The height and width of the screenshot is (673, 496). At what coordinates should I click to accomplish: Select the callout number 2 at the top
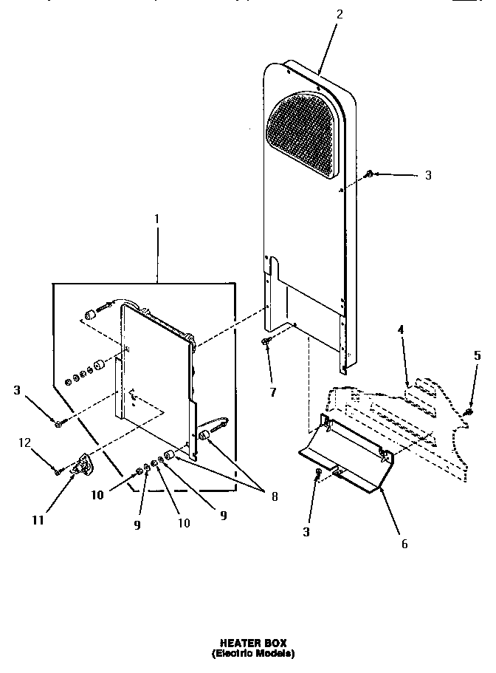pyautogui.click(x=339, y=13)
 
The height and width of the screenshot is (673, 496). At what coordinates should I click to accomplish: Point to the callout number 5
pyautogui.click(x=477, y=356)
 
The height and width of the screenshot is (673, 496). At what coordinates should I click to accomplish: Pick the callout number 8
pyautogui.click(x=275, y=496)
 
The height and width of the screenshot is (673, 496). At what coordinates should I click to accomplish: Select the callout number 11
pyautogui.click(x=38, y=520)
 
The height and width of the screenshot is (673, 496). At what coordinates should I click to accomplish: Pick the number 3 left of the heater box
pyautogui.click(x=16, y=390)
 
